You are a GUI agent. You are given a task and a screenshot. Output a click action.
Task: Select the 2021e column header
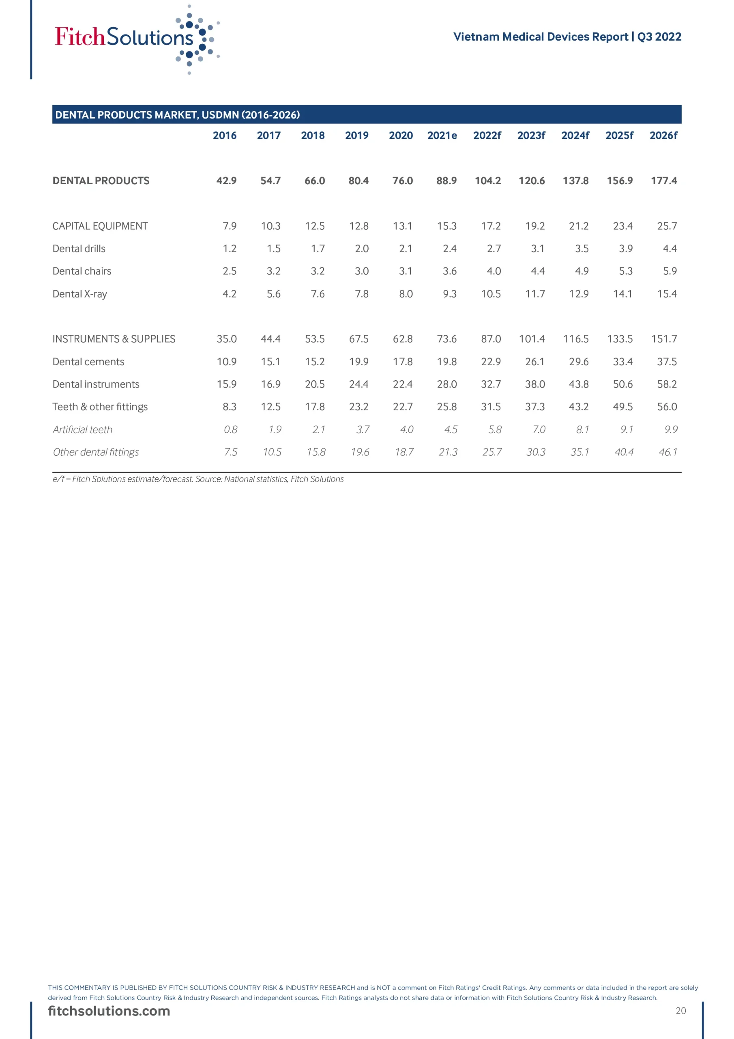click(x=442, y=135)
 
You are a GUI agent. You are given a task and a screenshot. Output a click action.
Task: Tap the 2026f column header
click(x=663, y=135)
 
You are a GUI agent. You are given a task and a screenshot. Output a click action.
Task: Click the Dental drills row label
click(x=79, y=248)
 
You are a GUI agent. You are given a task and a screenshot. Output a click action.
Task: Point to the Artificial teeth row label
click(x=82, y=429)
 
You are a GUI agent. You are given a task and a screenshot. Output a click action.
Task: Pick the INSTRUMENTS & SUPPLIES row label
click(x=114, y=339)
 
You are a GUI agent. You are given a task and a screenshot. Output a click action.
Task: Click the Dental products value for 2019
click(x=358, y=181)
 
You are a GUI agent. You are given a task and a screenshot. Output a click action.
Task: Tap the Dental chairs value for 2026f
click(x=670, y=271)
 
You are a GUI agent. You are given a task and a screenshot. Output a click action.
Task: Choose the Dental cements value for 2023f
click(x=534, y=362)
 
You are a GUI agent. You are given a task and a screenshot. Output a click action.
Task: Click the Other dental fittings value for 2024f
click(x=579, y=452)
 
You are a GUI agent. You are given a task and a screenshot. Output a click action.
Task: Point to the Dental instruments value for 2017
click(x=270, y=384)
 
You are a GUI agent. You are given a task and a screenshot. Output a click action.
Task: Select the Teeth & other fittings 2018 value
click(x=314, y=407)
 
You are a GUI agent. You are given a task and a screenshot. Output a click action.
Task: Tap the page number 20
click(x=680, y=1011)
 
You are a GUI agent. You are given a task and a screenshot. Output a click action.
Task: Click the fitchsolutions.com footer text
click(x=109, y=1011)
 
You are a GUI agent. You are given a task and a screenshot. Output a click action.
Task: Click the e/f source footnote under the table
click(x=198, y=479)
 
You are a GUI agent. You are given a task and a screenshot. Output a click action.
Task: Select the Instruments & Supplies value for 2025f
click(x=620, y=339)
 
